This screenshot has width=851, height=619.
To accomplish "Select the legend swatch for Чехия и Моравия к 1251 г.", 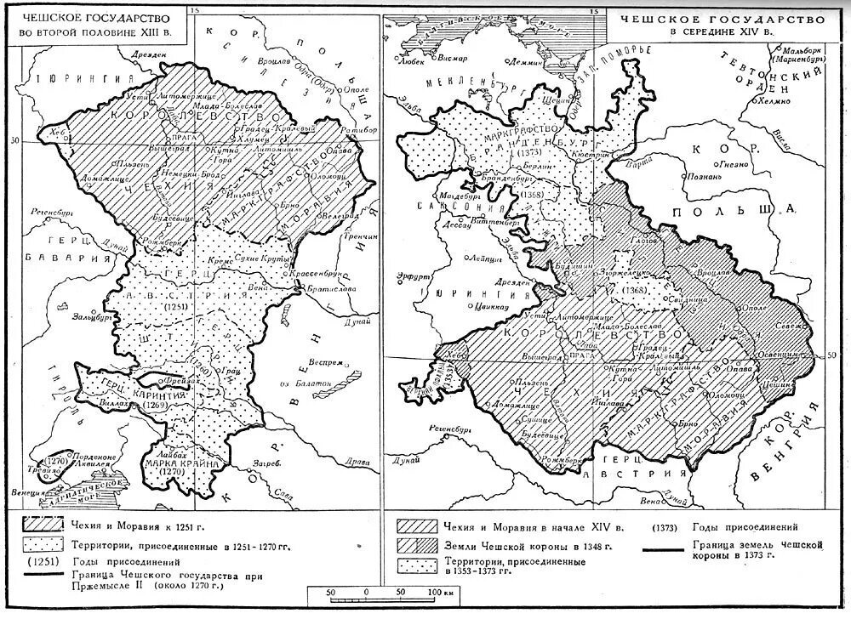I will click(42, 523).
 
